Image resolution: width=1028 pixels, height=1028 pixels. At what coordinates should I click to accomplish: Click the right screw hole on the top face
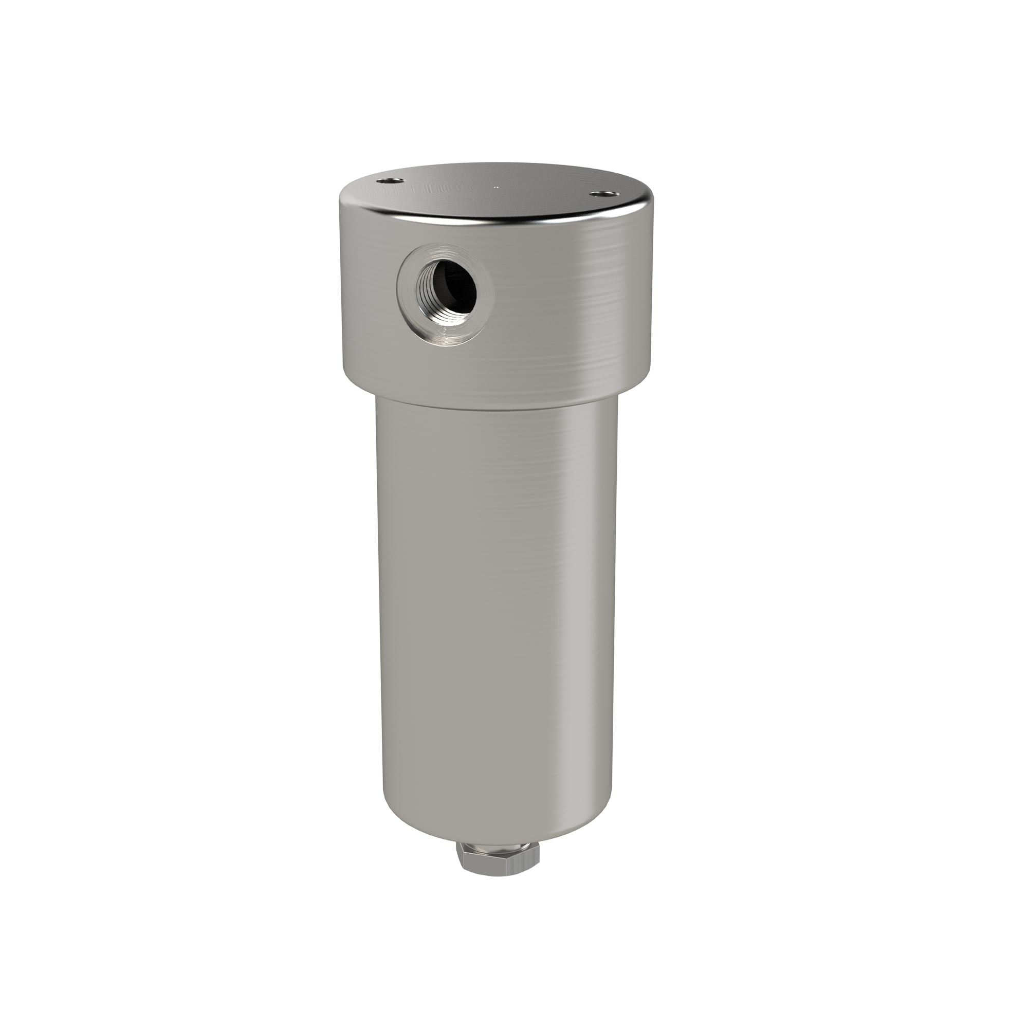[x=601, y=195]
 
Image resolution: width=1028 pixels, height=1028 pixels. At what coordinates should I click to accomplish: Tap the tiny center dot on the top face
[x=497, y=187]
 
